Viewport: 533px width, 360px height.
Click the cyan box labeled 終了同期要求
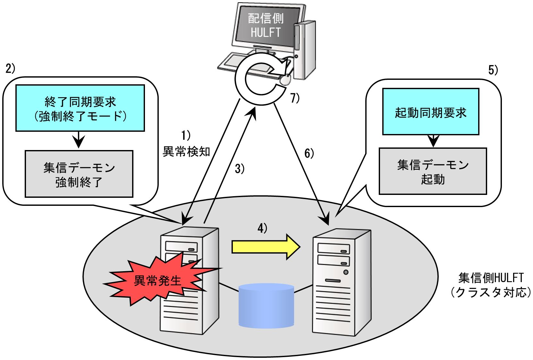tap(80, 108)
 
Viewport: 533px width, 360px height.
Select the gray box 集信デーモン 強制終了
tap(79, 174)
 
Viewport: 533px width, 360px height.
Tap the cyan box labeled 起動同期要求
tap(431, 112)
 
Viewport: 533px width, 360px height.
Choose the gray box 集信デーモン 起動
tap(433, 171)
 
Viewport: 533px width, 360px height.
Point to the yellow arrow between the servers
tap(266, 247)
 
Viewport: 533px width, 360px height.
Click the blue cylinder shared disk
tap(266, 306)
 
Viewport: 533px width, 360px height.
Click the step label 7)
tap(295, 98)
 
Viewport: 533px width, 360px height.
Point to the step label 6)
tap(309, 153)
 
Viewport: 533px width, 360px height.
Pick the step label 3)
tap(240, 169)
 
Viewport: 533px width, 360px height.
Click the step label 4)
tap(262, 228)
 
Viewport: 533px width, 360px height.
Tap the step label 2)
tap(10, 69)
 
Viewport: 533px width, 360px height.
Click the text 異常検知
tap(186, 152)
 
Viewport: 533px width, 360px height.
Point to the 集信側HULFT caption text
tap(491, 285)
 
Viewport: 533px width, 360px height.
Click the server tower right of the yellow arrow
tap(342, 282)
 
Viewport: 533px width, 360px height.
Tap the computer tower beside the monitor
tap(305, 50)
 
